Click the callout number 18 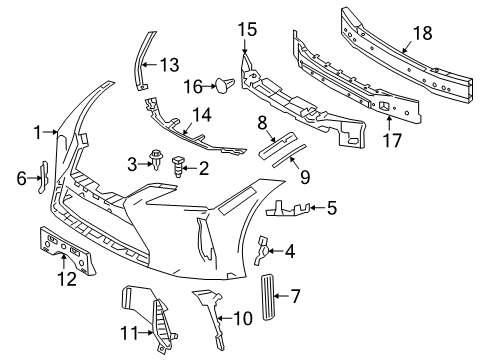click(422, 33)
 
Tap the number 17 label click(392, 140)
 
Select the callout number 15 click(247, 29)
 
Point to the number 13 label click(170, 65)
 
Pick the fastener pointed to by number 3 click(156, 159)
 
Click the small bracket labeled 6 click(44, 177)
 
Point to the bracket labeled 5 click(287, 209)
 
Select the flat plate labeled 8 click(277, 145)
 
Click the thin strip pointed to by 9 click(289, 156)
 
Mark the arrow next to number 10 click(225, 319)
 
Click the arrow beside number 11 click(147, 332)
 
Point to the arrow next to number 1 click(51, 132)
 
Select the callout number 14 click(201, 115)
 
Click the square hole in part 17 click(383, 106)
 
